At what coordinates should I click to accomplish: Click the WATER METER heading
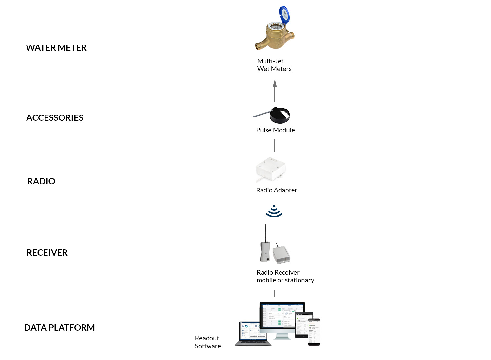[56, 48]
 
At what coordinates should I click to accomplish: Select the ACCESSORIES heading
[55, 118]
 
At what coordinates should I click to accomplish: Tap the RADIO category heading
[41, 181]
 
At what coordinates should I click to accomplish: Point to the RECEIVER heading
[47, 253]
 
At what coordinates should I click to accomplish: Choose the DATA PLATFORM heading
[60, 328]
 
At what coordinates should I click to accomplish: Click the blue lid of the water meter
[284, 15]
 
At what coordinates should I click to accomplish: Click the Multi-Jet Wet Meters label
[274, 65]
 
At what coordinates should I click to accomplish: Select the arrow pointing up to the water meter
[275, 91]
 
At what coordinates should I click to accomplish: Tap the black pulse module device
[280, 115]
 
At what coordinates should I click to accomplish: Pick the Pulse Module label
[275, 130]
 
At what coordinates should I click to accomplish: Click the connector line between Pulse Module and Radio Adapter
[275, 145]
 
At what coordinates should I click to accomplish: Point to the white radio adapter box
[271, 169]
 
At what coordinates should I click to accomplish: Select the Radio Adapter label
[277, 190]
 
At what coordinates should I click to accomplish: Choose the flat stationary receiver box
[282, 255]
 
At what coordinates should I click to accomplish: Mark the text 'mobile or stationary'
[285, 280]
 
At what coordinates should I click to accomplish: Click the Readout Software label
[208, 342]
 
